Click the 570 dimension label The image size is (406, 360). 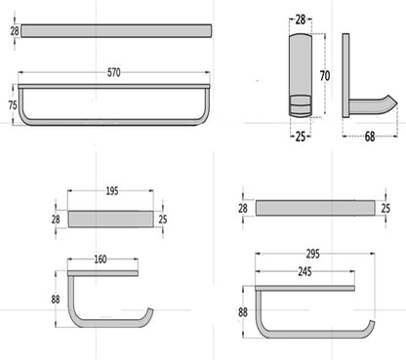click(x=114, y=72)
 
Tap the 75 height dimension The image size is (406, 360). click(x=13, y=105)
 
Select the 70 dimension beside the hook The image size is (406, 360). click(x=325, y=76)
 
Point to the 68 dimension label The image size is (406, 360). click(x=370, y=137)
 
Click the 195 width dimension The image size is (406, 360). click(x=112, y=191)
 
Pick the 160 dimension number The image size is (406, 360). click(x=101, y=260)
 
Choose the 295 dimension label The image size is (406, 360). click(x=313, y=254)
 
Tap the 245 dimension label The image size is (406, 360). click(x=304, y=271)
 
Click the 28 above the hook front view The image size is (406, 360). click(x=301, y=20)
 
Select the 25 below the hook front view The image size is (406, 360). click(x=301, y=137)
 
